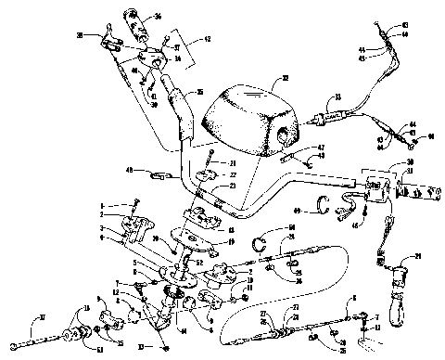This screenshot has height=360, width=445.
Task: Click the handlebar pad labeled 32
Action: (243, 116)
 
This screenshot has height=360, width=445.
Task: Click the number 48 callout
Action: (132, 170)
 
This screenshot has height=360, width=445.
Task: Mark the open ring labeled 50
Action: (262, 243)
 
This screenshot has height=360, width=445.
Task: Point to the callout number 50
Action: (290, 227)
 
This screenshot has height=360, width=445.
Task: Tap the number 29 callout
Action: (417, 256)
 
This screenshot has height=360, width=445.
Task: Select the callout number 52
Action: (197, 262)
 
